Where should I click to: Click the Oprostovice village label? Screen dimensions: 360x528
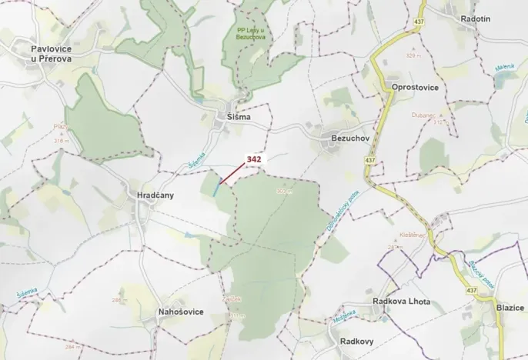[415, 88]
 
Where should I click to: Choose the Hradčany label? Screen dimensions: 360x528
[155, 195]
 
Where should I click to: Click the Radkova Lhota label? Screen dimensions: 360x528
[401, 302]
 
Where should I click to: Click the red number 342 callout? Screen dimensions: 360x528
[254, 159]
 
